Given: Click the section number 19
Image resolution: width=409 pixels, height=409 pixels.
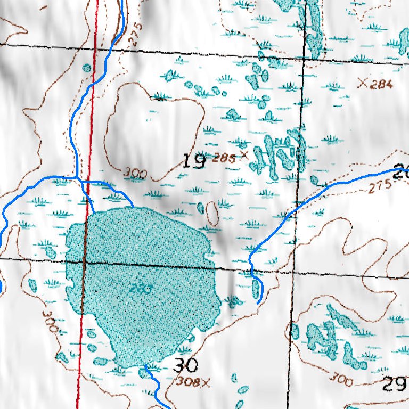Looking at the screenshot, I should pyautogui.click(x=194, y=160).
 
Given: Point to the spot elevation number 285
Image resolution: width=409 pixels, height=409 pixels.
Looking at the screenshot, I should pyautogui.click(x=223, y=158).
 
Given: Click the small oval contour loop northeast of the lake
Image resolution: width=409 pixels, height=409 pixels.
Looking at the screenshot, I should pyautogui.click(x=212, y=214).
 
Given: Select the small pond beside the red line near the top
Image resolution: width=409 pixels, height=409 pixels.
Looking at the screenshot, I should pyautogui.click(x=87, y=68).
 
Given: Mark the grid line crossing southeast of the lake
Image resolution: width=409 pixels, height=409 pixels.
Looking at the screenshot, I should pyautogui.click(x=292, y=272).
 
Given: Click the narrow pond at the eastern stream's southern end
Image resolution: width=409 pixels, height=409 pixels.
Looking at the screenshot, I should pyautogui.click(x=257, y=289).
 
